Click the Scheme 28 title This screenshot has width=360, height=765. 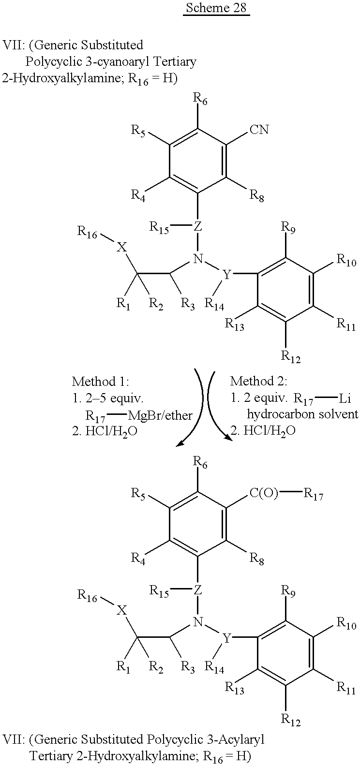[216, 8]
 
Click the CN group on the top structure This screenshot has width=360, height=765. [259, 130]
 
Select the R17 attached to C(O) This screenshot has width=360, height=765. [313, 495]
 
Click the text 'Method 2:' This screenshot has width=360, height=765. [259, 381]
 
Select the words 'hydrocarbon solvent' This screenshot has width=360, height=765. [302, 414]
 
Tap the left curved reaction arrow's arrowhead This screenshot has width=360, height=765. [180, 443]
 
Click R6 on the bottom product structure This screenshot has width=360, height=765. [200, 463]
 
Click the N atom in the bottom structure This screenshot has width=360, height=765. [197, 621]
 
